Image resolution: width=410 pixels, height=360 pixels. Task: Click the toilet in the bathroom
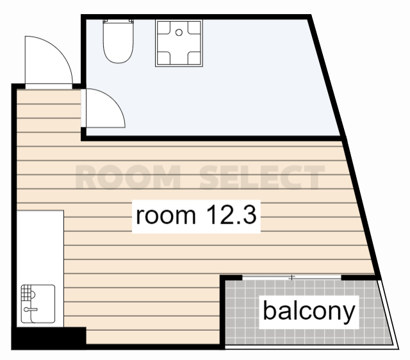pos(118,41)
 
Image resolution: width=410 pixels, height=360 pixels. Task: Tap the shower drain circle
pos(179,33)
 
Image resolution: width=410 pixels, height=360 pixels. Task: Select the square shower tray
pos(179,43)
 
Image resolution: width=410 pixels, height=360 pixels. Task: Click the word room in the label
pos(166,216)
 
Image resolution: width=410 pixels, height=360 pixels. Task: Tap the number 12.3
pos(231,215)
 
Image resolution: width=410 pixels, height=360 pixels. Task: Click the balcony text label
pos(309,311)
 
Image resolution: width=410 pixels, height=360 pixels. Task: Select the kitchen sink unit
pos(38,304)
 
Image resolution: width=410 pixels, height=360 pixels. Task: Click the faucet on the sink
pos(30,309)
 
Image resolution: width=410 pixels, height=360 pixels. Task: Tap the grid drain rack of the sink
pos(26,292)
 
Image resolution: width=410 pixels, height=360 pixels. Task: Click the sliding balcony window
pos(291,277)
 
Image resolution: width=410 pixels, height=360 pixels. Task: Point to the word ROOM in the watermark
pos(128,177)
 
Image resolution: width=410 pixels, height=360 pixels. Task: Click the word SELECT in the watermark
pos(262,177)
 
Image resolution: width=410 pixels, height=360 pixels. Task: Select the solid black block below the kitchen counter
pos(49,338)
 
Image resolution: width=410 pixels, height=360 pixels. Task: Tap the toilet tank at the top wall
pos(118,21)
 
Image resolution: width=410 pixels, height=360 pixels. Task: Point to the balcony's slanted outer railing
pos(389,315)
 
